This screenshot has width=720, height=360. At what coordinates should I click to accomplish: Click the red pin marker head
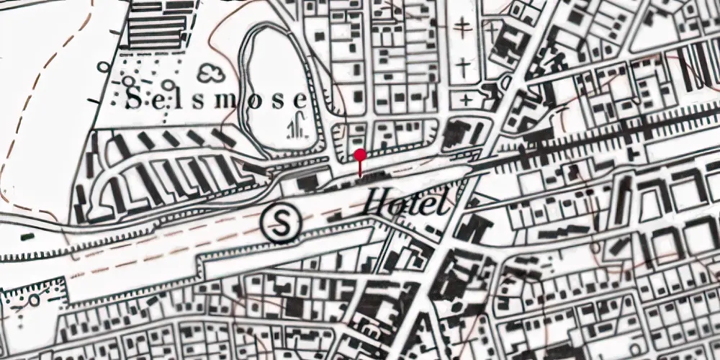361,154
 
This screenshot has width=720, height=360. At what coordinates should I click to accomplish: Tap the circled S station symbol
281,223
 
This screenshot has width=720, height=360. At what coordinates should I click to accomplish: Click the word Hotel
406,202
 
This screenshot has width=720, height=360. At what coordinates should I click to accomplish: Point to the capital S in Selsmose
132,100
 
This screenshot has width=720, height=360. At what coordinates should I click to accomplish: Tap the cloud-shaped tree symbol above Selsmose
211,72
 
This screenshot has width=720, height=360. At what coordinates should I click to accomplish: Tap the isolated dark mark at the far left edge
27,235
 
